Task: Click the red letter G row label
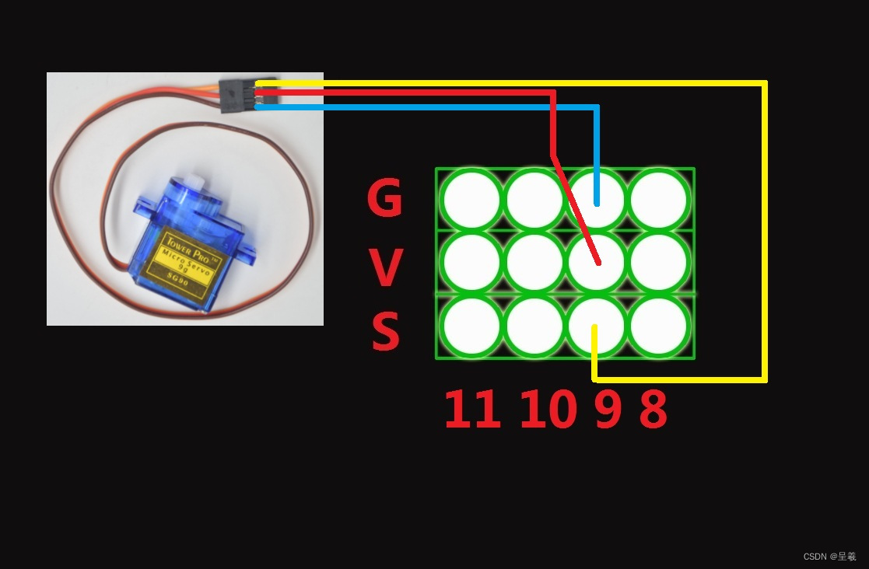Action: pos(385,199)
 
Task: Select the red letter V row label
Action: pos(385,267)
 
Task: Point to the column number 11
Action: pos(471,410)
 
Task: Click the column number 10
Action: pos(548,410)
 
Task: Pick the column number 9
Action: pos(608,410)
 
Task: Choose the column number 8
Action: pos(654,410)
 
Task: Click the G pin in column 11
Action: pos(471,200)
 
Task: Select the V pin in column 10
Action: pos(534,263)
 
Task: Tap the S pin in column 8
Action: pos(659,326)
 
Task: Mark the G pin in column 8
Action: pos(659,200)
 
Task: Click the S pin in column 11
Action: pos(471,326)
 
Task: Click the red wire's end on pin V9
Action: pos(597,263)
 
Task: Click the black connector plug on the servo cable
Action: pos(237,96)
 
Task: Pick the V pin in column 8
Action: pos(659,263)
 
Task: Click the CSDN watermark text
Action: pos(829,557)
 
